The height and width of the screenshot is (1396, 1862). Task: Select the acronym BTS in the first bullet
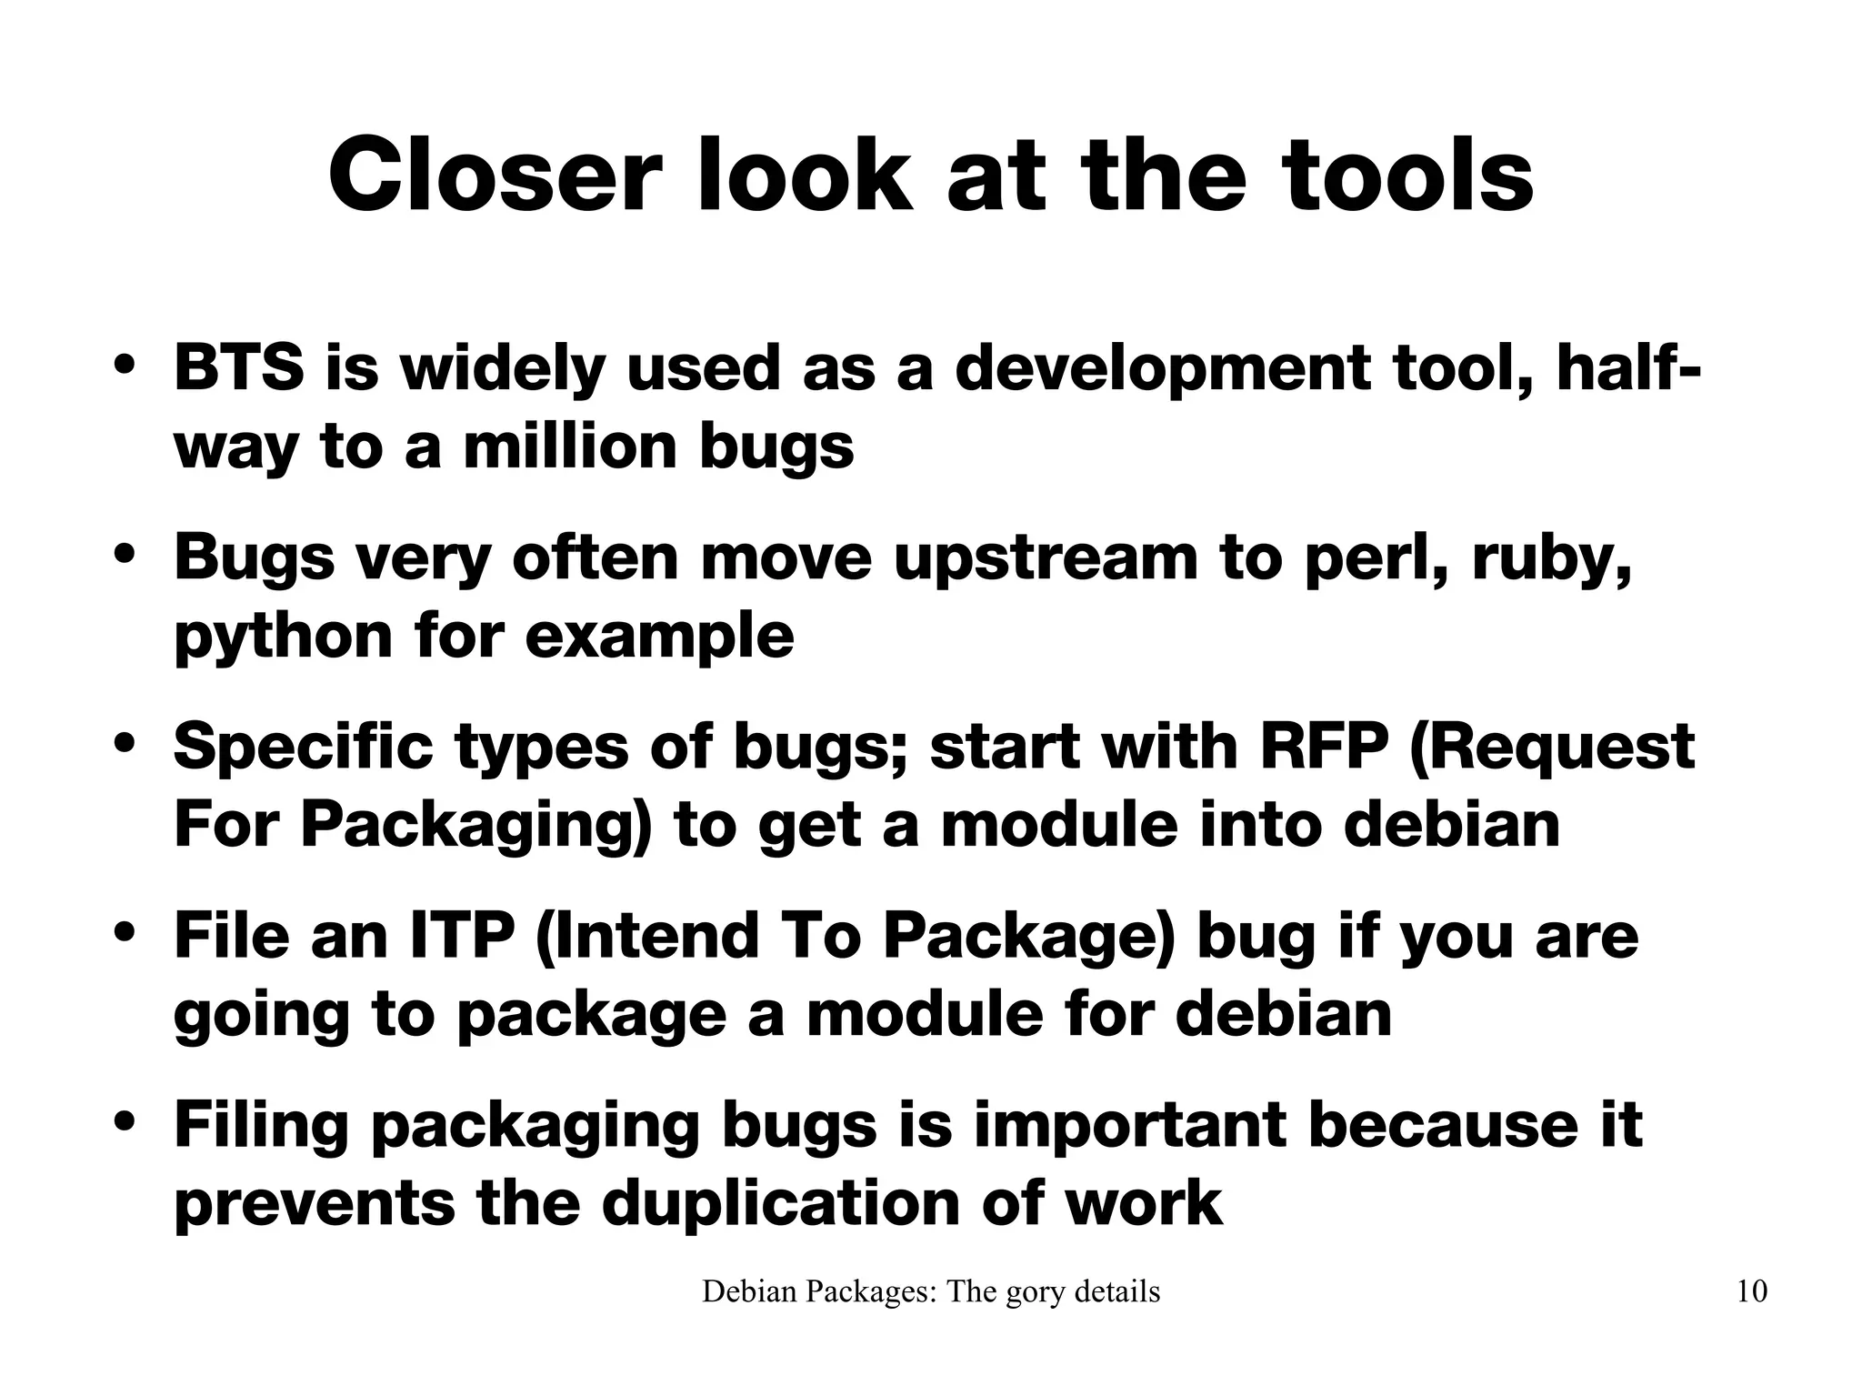point(238,368)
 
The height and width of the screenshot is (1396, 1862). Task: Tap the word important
point(1130,1124)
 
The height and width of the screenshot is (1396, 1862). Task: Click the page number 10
point(1751,1291)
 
